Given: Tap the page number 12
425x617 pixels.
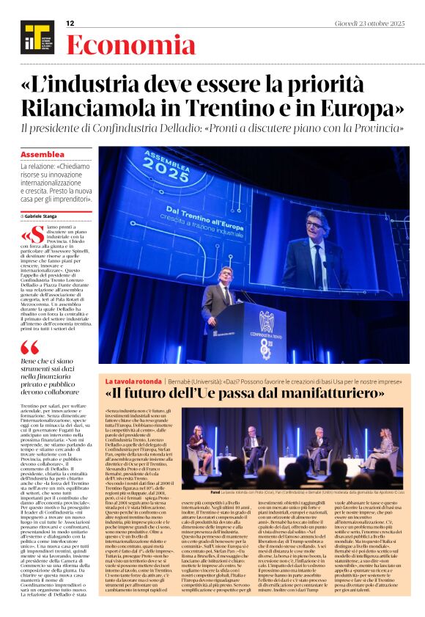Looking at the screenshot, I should tap(70, 23).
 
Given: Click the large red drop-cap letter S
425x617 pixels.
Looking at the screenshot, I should tap(37, 235).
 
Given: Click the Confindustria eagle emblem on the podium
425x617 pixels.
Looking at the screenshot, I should tap(266, 319).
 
